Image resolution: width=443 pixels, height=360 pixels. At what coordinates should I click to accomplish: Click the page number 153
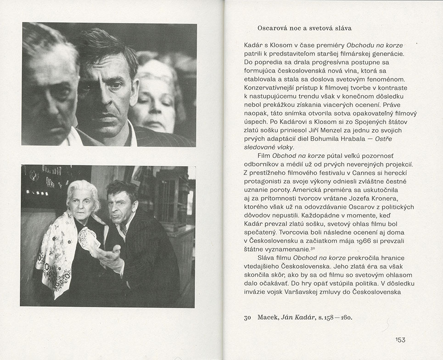tap(400, 340)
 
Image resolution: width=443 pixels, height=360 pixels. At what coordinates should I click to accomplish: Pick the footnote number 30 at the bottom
tap(248, 317)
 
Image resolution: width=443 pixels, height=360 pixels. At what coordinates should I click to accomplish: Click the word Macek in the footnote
tap(267, 317)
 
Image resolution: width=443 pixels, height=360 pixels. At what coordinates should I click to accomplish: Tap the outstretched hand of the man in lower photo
tap(109, 256)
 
